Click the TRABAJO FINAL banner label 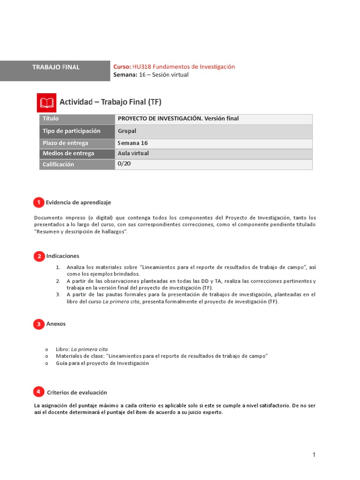pyautogui.click(x=56, y=67)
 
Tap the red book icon pyautogui.click(x=46, y=102)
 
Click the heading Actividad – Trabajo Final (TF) pyautogui.click(x=110, y=102)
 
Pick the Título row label pyautogui.click(x=51, y=119)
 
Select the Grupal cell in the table pyautogui.click(x=127, y=131)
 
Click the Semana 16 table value pyautogui.click(x=133, y=143)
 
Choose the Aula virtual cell pyautogui.click(x=134, y=153)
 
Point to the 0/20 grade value pyautogui.click(x=124, y=164)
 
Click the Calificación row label pyautogui.click(x=58, y=165)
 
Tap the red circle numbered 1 pyautogui.click(x=38, y=202)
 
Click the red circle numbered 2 pyautogui.click(x=38, y=256)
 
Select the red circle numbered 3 pyautogui.click(x=38, y=324)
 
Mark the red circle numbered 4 pyautogui.click(x=38, y=391)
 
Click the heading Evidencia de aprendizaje pyautogui.click(x=78, y=202)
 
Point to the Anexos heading pyautogui.click(x=56, y=324)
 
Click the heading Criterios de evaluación pyautogui.click(x=77, y=392)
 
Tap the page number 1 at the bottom pyautogui.click(x=314, y=455)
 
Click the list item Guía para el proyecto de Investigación pyautogui.click(x=102, y=363)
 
